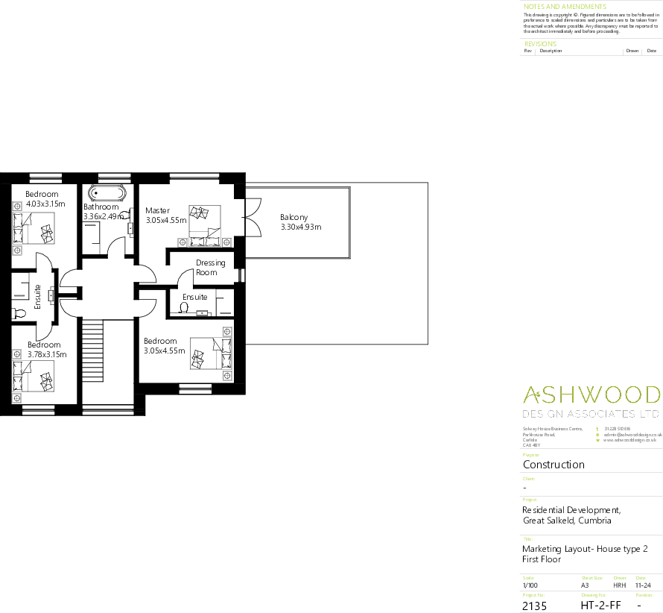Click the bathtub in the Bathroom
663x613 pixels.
[107, 191]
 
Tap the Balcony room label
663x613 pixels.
[294, 218]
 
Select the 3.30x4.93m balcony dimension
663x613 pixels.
[300, 227]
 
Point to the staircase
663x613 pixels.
[92, 350]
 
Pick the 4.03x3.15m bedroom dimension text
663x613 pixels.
[46, 203]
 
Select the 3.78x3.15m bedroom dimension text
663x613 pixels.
[46, 354]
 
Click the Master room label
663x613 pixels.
[158, 210]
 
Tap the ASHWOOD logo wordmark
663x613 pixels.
[591, 395]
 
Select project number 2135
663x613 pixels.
[534, 606]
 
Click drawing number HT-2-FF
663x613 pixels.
[600, 606]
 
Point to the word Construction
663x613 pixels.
[553, 464]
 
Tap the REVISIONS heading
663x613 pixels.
[540, 44]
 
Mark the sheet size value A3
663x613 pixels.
[585, 585]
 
